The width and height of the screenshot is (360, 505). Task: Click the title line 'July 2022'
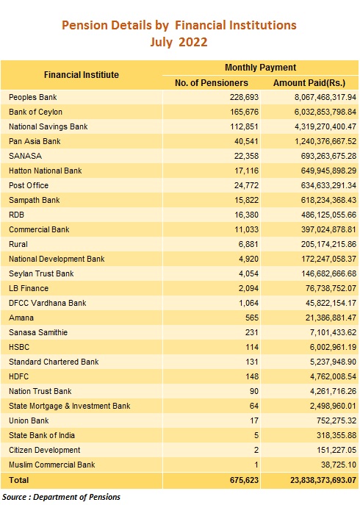coord(179,42)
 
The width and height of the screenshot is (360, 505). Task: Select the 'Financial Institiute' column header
coord(82,75)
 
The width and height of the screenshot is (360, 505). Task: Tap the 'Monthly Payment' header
coord(260,68)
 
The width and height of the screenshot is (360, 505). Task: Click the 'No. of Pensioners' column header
coord(212,83)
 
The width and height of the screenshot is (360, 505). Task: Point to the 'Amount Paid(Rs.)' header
coord(309,83)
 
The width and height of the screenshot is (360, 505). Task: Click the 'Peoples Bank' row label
coord(33,97)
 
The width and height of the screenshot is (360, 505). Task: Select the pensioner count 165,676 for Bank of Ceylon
coord(244,112)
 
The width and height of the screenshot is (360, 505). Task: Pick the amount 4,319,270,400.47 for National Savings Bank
coord(325,126)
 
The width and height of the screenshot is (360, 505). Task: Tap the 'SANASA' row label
coord(26,156)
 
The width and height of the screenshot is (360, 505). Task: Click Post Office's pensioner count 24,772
coord(246,185)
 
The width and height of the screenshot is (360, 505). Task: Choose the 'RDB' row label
coord(16,215)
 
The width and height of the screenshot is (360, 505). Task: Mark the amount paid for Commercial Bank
coord(328,229)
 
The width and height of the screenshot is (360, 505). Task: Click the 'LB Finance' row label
coord(29,288)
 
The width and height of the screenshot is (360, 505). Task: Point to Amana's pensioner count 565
coord(252,318)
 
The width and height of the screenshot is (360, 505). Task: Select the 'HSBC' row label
coord(19,347)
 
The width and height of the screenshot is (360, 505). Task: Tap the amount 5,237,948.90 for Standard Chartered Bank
coord(334,362)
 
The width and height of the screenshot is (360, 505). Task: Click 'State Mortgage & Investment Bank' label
coord(70,406)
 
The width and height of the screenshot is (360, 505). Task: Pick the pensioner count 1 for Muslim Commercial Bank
coord(256,465)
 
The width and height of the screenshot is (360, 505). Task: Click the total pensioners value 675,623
coord(244,480)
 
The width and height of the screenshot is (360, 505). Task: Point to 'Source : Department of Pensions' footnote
coord(61,497)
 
